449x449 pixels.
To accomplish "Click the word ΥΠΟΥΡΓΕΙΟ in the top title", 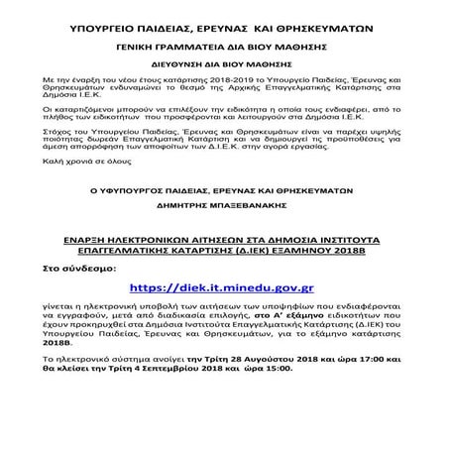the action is pos(109,31).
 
